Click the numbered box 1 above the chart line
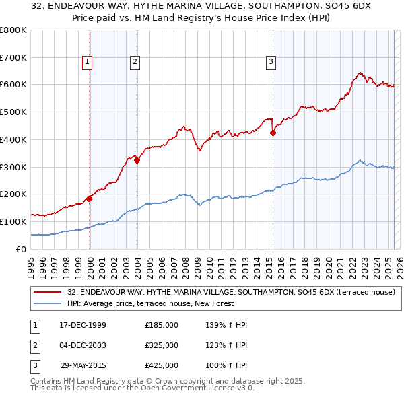(88, 63)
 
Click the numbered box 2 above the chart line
(135, 63)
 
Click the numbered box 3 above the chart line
(271, 63)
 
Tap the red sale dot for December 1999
(90, 198)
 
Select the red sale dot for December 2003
(137, 160)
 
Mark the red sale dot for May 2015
(273, 133)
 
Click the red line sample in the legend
(47, 292)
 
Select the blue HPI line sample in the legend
(47, 303)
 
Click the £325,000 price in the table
(162, 345)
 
